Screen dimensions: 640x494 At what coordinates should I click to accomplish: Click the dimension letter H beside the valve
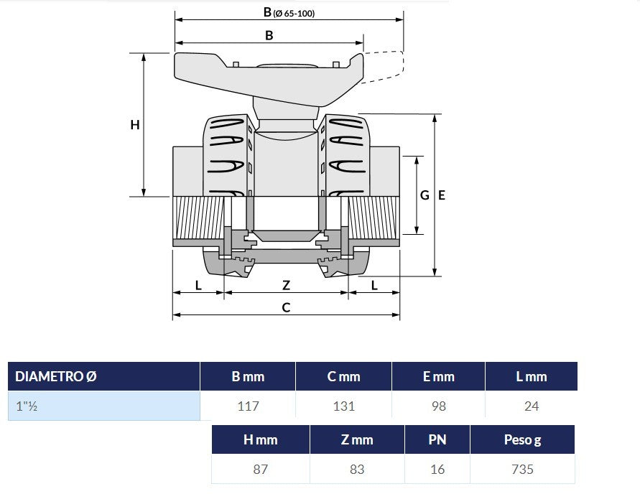click(x=135, y=125)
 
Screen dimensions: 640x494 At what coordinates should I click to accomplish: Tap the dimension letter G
click(x=425, y=195)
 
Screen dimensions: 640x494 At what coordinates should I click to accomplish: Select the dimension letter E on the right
click(x=442, y=195)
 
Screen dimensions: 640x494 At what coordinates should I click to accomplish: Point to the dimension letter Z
click(x=286, y=285)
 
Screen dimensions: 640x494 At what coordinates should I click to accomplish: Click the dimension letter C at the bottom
click(x=286, y=307)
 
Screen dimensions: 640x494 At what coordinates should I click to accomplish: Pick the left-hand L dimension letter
click(x=198, y=285)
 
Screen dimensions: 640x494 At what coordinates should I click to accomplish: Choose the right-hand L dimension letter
click(x=374, y=285)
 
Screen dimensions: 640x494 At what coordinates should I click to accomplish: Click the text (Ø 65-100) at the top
click(x=294, y=14)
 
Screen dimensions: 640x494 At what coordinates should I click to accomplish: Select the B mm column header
click(x=248, y=376)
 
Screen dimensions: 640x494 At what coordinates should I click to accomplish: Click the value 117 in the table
click(x=248, y=406)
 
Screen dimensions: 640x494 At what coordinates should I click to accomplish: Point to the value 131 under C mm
click(x=343, y=406)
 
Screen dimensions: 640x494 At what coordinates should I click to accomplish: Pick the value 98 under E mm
click(x=439, y=406)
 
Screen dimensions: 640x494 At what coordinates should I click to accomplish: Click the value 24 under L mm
click(x=532, y=406)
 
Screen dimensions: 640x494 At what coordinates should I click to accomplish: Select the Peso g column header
click(x=522, y=439)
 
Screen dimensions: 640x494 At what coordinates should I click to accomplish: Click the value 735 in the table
click(x=522, y=470)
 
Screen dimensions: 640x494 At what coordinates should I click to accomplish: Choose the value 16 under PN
click(x=437, y=470)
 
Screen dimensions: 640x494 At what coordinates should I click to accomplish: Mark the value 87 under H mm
click(x=261, y=470)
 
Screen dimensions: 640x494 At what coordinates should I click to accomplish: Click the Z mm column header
click(x=357, y=439)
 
